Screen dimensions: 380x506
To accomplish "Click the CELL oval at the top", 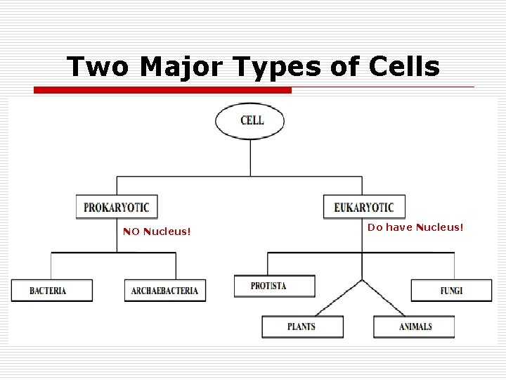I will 250,120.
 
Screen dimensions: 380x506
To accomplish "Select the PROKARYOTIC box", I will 117,207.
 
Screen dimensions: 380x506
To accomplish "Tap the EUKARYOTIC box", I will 364,207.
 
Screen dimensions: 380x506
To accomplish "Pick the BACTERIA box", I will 51,291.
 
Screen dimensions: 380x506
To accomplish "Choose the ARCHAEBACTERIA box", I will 165,291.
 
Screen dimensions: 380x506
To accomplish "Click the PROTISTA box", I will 274,286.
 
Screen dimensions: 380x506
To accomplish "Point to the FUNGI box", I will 452,291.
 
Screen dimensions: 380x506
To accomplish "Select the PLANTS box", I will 302,327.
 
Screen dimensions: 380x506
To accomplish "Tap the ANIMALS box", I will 415,327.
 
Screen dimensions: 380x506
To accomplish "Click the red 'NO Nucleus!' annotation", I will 157,232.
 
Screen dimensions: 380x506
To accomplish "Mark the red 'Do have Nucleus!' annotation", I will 415,227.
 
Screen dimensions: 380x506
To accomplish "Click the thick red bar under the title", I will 163,90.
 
